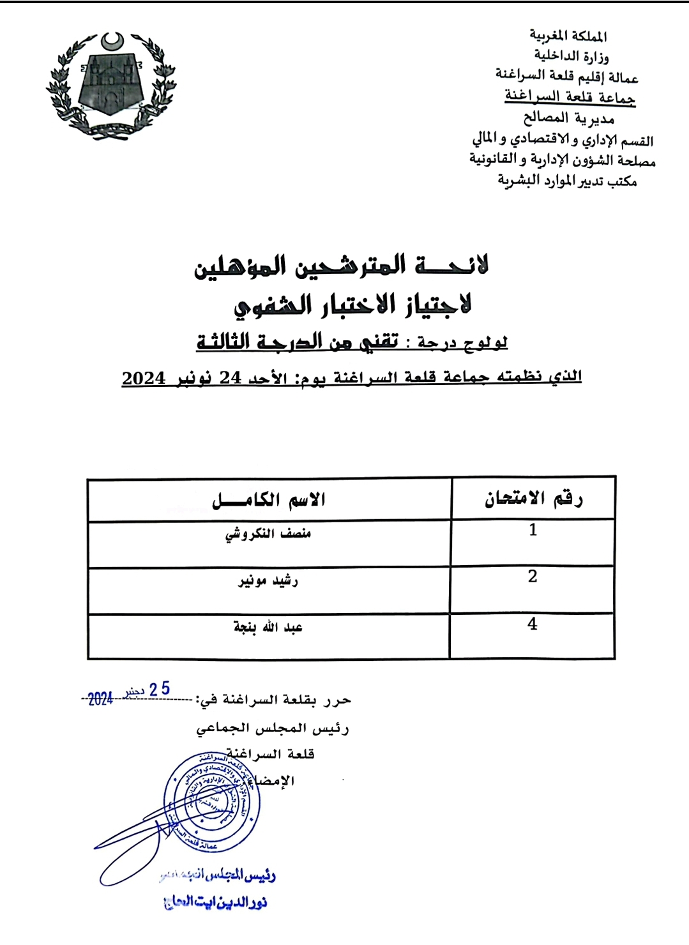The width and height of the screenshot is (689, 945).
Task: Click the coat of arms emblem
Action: [111, 83]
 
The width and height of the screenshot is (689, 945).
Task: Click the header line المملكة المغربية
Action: [568, 36]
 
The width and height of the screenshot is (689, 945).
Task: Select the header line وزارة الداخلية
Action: [571, 56]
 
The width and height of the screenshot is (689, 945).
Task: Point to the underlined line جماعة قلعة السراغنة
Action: [570, 96]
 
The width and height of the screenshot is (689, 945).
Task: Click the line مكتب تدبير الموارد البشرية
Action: [567, 181]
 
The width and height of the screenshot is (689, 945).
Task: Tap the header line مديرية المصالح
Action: [568, 118]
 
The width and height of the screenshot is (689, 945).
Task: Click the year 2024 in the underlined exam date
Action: [144, 378]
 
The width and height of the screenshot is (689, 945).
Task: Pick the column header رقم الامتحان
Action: [533, 499]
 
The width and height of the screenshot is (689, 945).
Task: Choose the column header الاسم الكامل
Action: [269, 500]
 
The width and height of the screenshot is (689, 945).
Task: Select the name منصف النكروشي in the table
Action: [268, 534]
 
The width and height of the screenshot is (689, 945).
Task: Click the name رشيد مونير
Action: [268, 581]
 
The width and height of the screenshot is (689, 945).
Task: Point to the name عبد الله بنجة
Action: [268, 628]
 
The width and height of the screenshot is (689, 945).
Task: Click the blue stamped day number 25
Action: [160, 689]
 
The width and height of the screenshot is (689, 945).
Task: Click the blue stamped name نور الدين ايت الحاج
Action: [215, 902]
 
